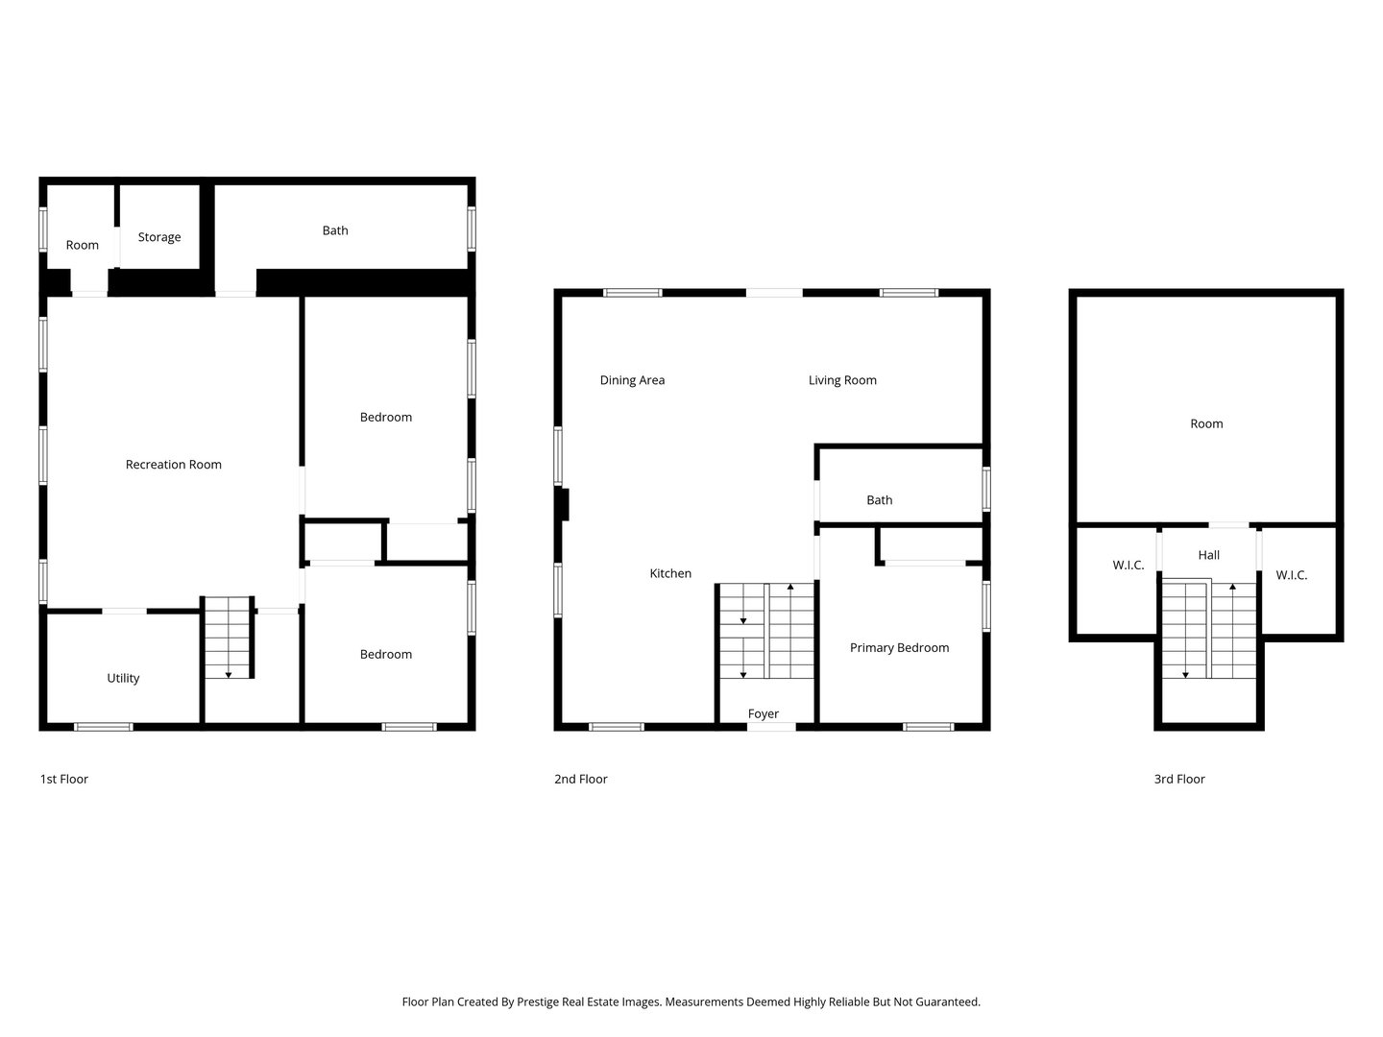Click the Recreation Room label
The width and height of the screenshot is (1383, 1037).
coord(174,465)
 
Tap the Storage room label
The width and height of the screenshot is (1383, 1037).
coord(159,237)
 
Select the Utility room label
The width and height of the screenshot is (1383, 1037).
coord(123,678)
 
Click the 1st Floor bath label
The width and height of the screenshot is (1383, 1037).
coord(335,230)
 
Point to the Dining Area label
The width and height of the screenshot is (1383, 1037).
coord(632,380)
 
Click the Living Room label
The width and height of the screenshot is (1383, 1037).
coord(842,380)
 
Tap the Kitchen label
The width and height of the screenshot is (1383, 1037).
coord(670,573)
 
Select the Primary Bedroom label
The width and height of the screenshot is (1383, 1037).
coord(899,648)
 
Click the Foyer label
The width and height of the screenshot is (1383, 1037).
coord(764,713)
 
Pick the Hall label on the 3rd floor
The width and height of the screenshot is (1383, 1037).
coord(1209,555)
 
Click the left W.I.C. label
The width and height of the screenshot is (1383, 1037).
coord(1128,566)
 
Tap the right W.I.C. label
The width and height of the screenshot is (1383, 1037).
coord(1292,575)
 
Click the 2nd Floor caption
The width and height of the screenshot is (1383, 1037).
coord(581,779)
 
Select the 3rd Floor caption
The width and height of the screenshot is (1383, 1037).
coord(1179,779)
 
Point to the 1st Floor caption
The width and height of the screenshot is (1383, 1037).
coord(64,779)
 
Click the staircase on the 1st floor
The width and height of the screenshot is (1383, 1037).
coord(229,637)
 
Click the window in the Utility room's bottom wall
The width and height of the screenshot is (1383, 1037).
coord(104,727)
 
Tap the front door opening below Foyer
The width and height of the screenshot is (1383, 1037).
coord(772,727)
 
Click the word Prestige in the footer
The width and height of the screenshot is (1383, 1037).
coord(543,1001)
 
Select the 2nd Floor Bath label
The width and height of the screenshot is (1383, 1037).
coord(880,500)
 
